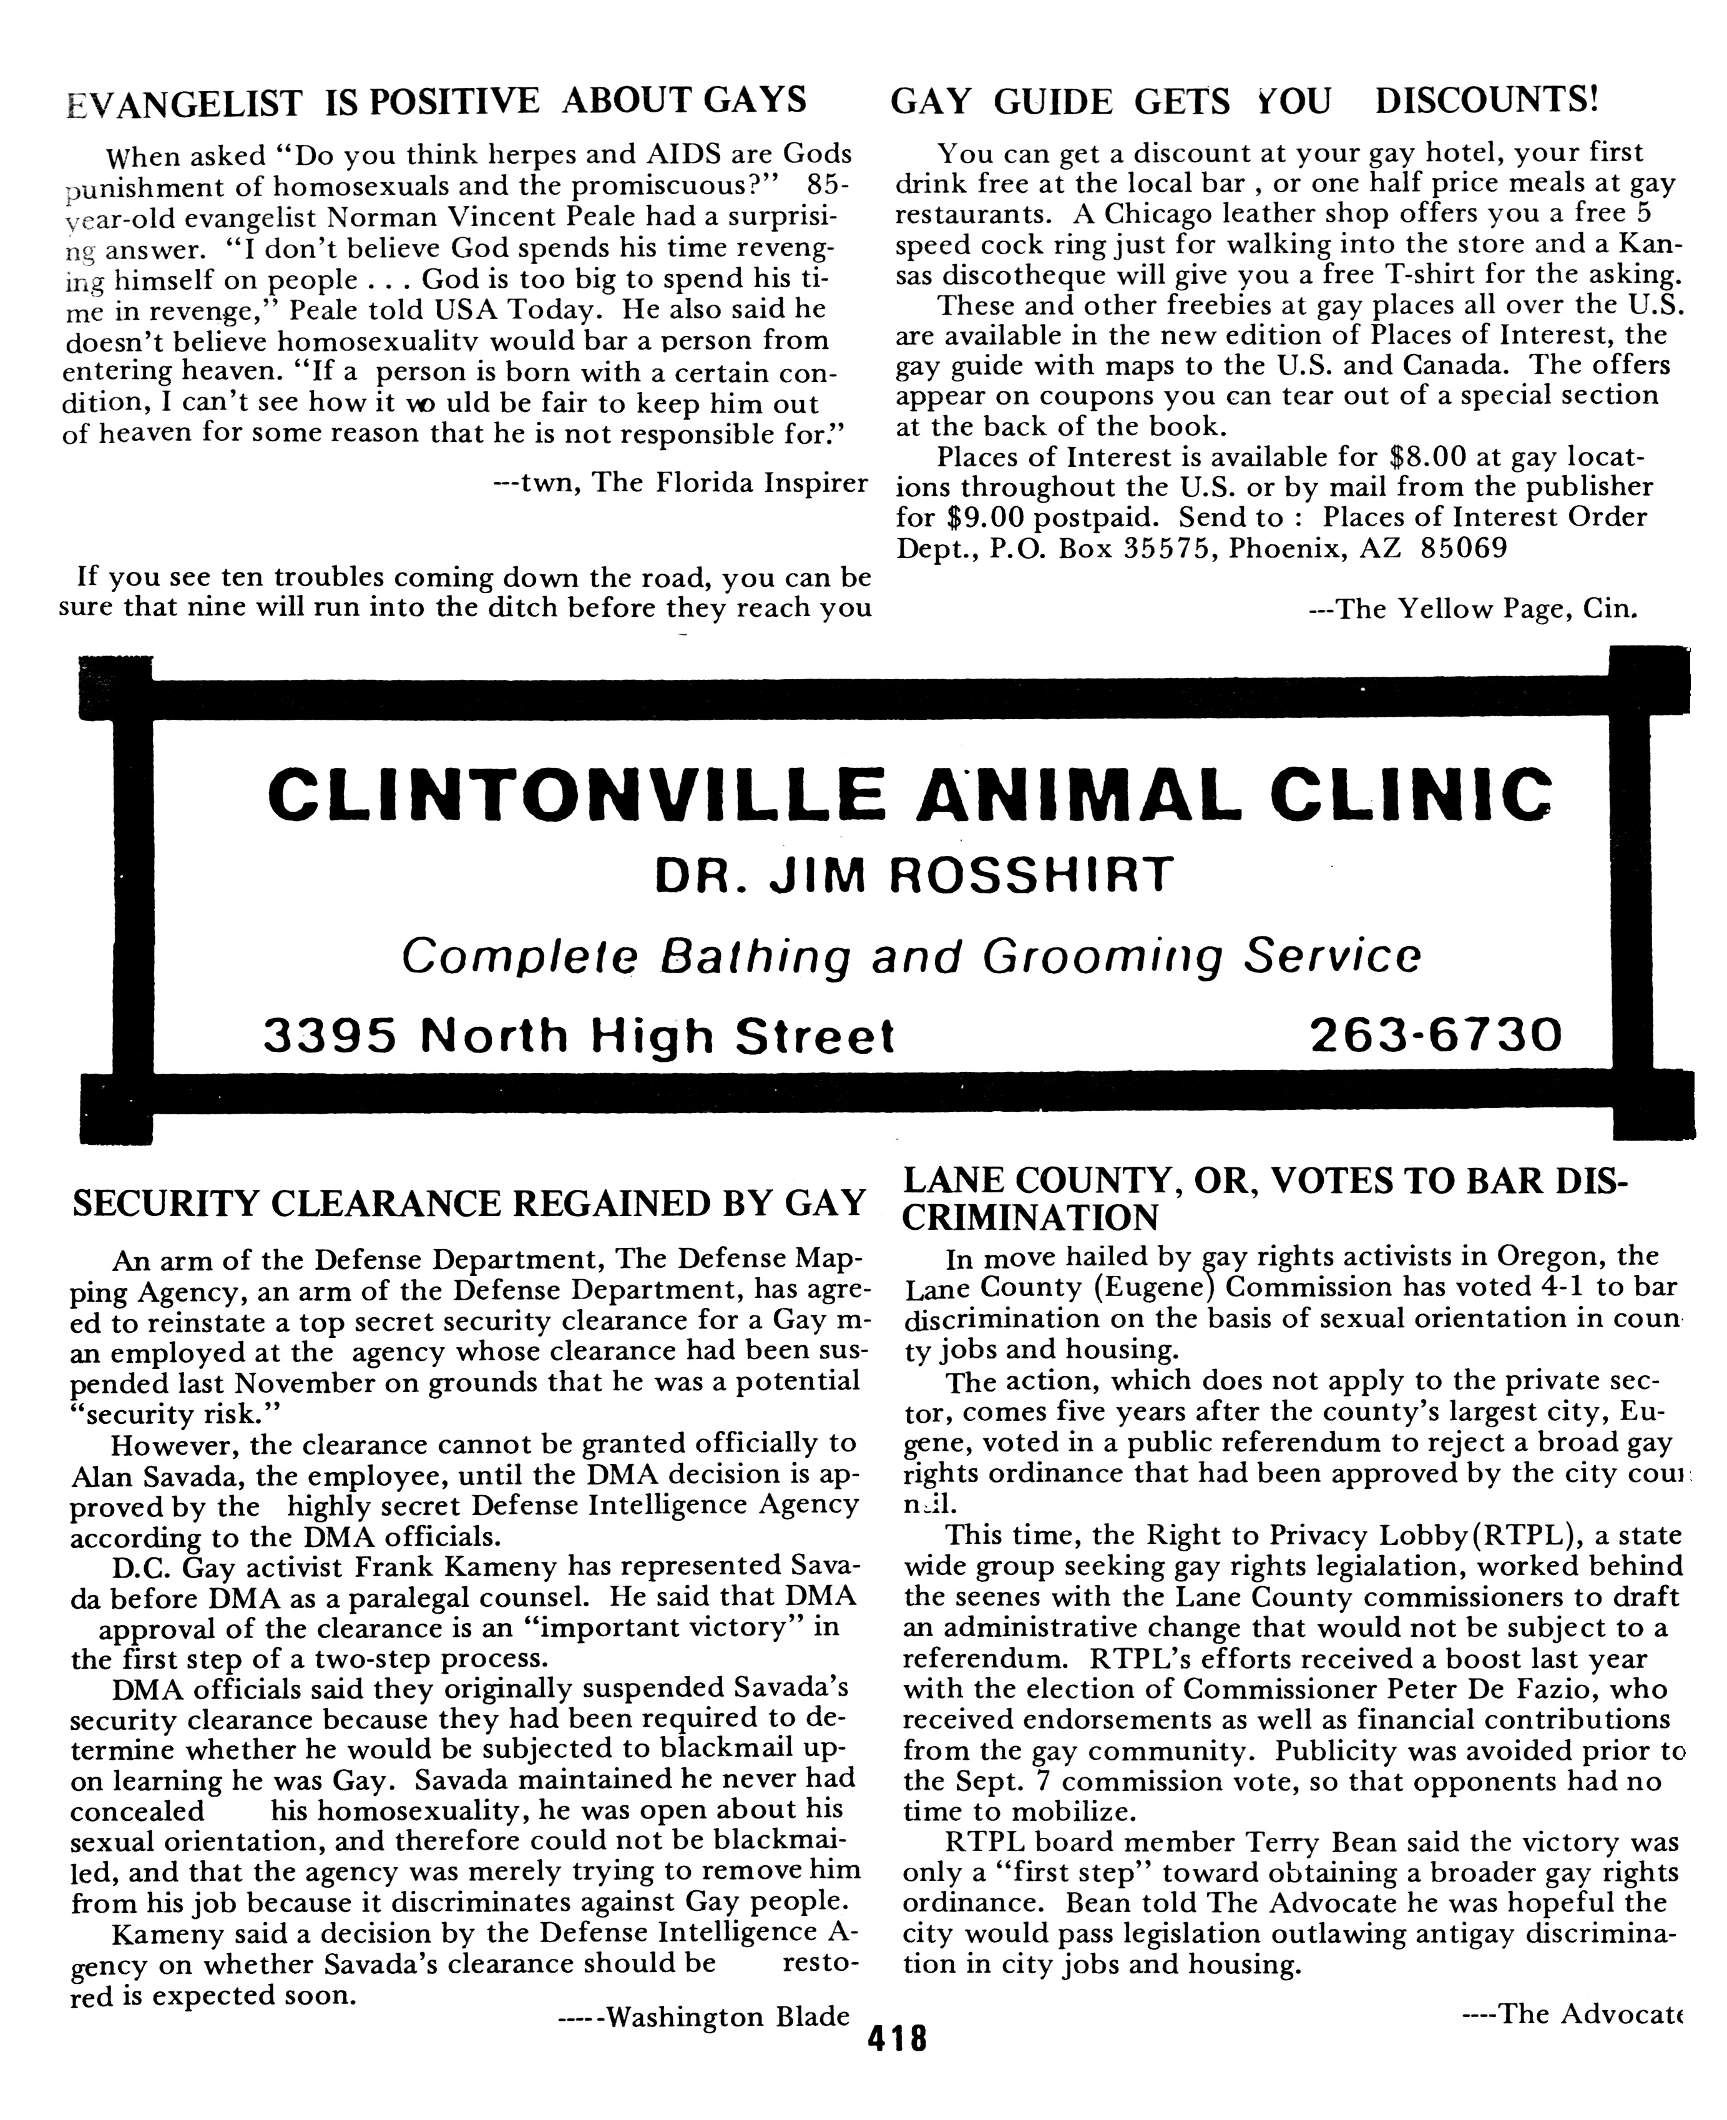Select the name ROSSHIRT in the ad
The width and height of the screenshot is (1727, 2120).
[x=1030, y=875]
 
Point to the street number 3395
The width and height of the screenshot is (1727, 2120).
[x=330, y=1036]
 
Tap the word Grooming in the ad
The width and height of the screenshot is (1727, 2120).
[x=1102, y=956]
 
